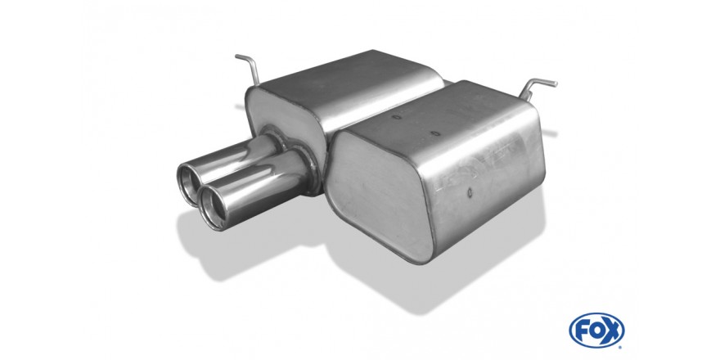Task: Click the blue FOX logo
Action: pos(596,331)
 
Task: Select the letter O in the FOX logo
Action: pos(596,331)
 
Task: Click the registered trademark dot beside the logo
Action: pos(620,347)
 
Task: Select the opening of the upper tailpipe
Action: pos(188,183)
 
